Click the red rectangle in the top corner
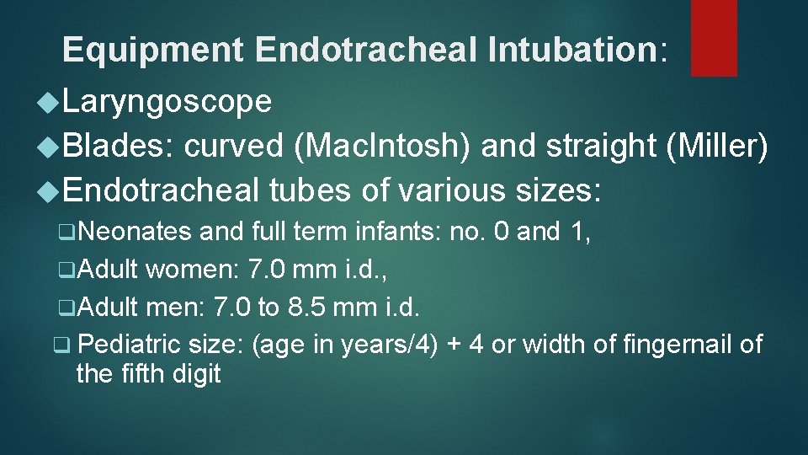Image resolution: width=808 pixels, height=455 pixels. pos(714,37)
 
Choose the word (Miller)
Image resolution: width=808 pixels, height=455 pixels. pos(716,147)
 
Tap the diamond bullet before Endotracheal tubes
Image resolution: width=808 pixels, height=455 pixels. pos(48,191)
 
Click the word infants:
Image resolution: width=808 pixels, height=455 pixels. pos(395,233)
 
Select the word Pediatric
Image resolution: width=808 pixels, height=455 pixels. pos(125,345)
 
